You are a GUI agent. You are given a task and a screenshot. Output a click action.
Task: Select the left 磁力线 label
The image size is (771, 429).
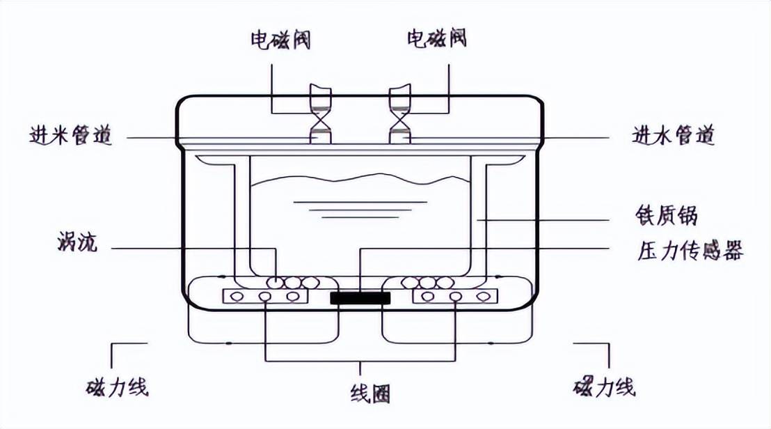coord(118,387)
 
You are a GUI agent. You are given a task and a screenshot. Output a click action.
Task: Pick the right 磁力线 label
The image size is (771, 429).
coord(604,387)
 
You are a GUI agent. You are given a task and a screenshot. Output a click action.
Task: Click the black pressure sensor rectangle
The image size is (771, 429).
coord(360,299)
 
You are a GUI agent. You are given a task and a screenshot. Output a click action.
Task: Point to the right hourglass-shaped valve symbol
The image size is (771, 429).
coord(400,118)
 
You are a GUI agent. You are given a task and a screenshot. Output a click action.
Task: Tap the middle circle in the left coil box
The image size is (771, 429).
coord(265,297)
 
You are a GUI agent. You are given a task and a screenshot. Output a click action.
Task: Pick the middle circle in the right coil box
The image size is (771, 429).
coord(456,297)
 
